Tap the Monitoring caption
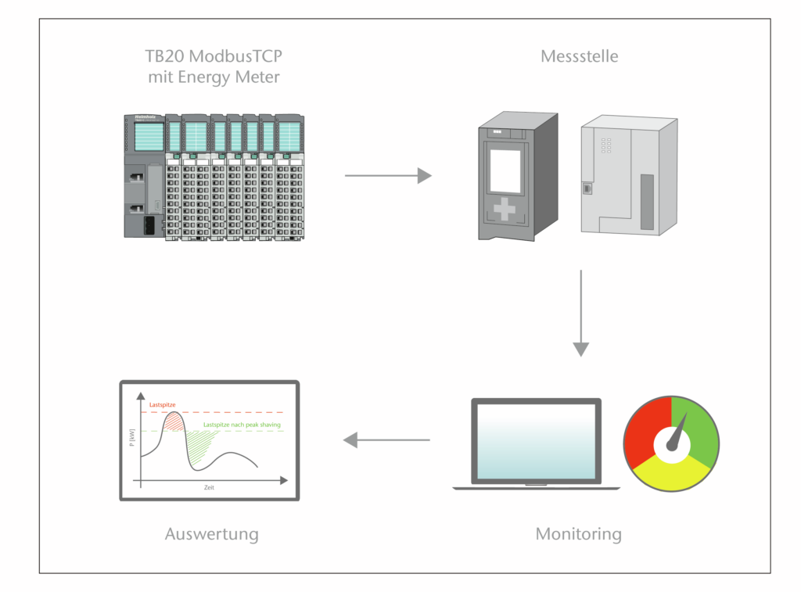[x=578, y=535]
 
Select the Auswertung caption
[x=211, y=535]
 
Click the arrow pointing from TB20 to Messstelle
[x=388, y=176]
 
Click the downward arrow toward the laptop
[x=580, y=313]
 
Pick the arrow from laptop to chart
[x=387, y=440]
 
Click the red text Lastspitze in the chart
[x=162, y=405]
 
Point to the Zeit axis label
[x=208, y=487]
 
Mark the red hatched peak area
[x=174, y=423]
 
